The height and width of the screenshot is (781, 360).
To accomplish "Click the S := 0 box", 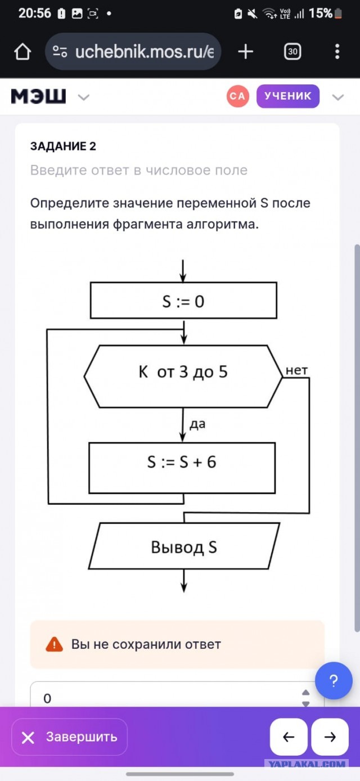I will coord(183,300).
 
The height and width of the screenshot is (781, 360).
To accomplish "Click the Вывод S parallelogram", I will coord(184,546).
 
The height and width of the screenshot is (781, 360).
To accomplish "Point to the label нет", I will coord(296,370).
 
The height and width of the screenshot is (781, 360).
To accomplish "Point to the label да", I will coord(197,424).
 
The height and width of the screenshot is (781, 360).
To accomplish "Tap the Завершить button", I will coord(70,737).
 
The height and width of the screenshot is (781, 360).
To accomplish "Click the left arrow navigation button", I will coord(289,737).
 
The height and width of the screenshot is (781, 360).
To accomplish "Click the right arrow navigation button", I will coord(330,737).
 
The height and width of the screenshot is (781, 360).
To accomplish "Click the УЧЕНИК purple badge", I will coord(288,96).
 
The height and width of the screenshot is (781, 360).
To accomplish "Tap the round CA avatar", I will coord(238,96).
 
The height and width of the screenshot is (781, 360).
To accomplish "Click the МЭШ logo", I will coord(38,96).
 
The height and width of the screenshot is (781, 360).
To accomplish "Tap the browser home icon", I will coord(22,52).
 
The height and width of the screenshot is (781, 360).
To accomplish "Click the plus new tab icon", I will coord(245,52).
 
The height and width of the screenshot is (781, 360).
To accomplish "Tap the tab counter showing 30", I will coord(292,52).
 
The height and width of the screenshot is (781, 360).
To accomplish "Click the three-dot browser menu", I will coord(337,52).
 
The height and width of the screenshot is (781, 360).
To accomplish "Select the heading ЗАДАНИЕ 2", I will coord(63,146).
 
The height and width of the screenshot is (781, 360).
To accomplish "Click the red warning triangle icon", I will coord(55,644).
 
